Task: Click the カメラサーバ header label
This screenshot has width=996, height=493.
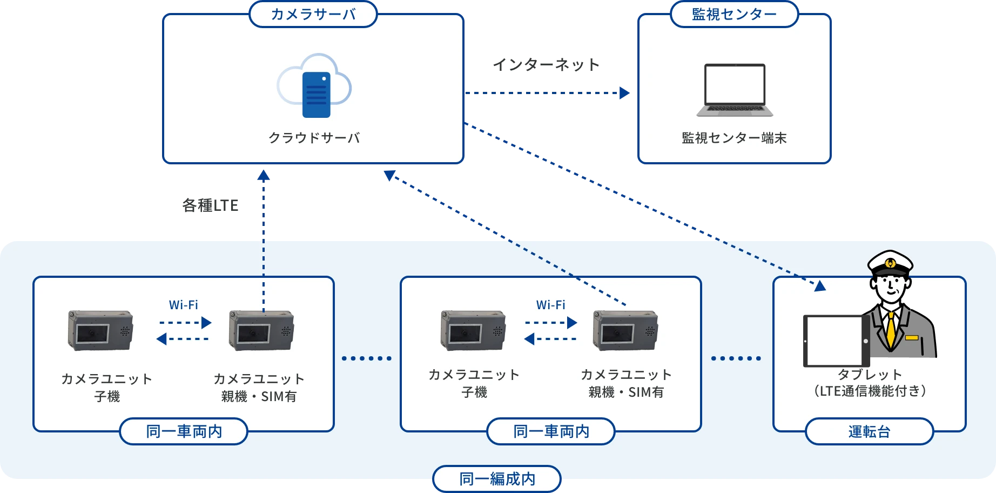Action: [313, 14]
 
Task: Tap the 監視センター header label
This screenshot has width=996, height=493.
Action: [734, 14]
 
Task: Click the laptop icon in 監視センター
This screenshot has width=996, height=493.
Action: [735, 90]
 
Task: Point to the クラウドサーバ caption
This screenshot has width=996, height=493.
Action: [314, 138]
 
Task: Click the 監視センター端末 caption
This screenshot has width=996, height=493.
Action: [734, 138]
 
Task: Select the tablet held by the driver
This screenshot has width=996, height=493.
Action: [837, 341]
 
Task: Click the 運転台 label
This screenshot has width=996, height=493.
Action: [869, 431]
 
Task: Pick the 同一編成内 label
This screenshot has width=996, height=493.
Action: [497, 479]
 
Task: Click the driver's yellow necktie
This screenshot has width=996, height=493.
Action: [890, 330]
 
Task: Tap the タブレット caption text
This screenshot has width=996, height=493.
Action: [870, 375]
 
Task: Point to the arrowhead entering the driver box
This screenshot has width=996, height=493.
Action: [820, 286]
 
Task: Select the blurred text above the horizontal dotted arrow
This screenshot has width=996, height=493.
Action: [546, 65]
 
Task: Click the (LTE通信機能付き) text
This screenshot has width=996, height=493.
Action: [870, 391]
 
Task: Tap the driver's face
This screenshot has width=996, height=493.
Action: [891, 287]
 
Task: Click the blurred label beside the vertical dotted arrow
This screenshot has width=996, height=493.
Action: [211, 206]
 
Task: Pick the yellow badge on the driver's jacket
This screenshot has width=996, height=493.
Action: [912, 338]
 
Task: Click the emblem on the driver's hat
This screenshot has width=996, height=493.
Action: [890, 264]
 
